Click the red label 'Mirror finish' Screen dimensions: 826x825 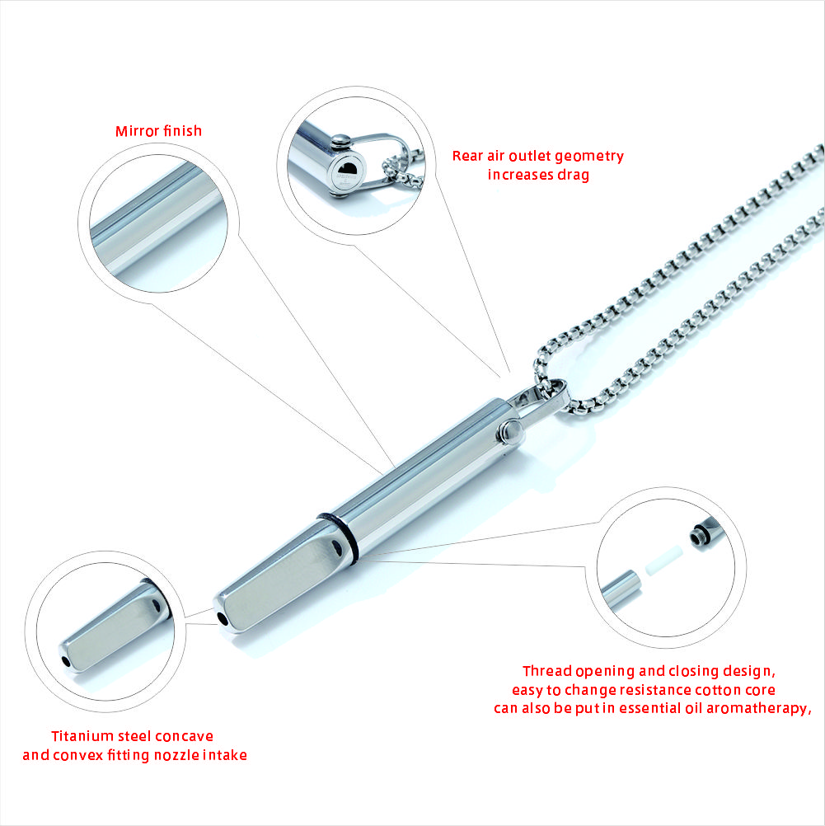pos(158,131)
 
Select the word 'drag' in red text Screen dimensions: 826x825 pos(573,175)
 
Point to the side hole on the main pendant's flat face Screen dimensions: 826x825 pos(334,547)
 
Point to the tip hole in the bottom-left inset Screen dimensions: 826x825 pos(65,659)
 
